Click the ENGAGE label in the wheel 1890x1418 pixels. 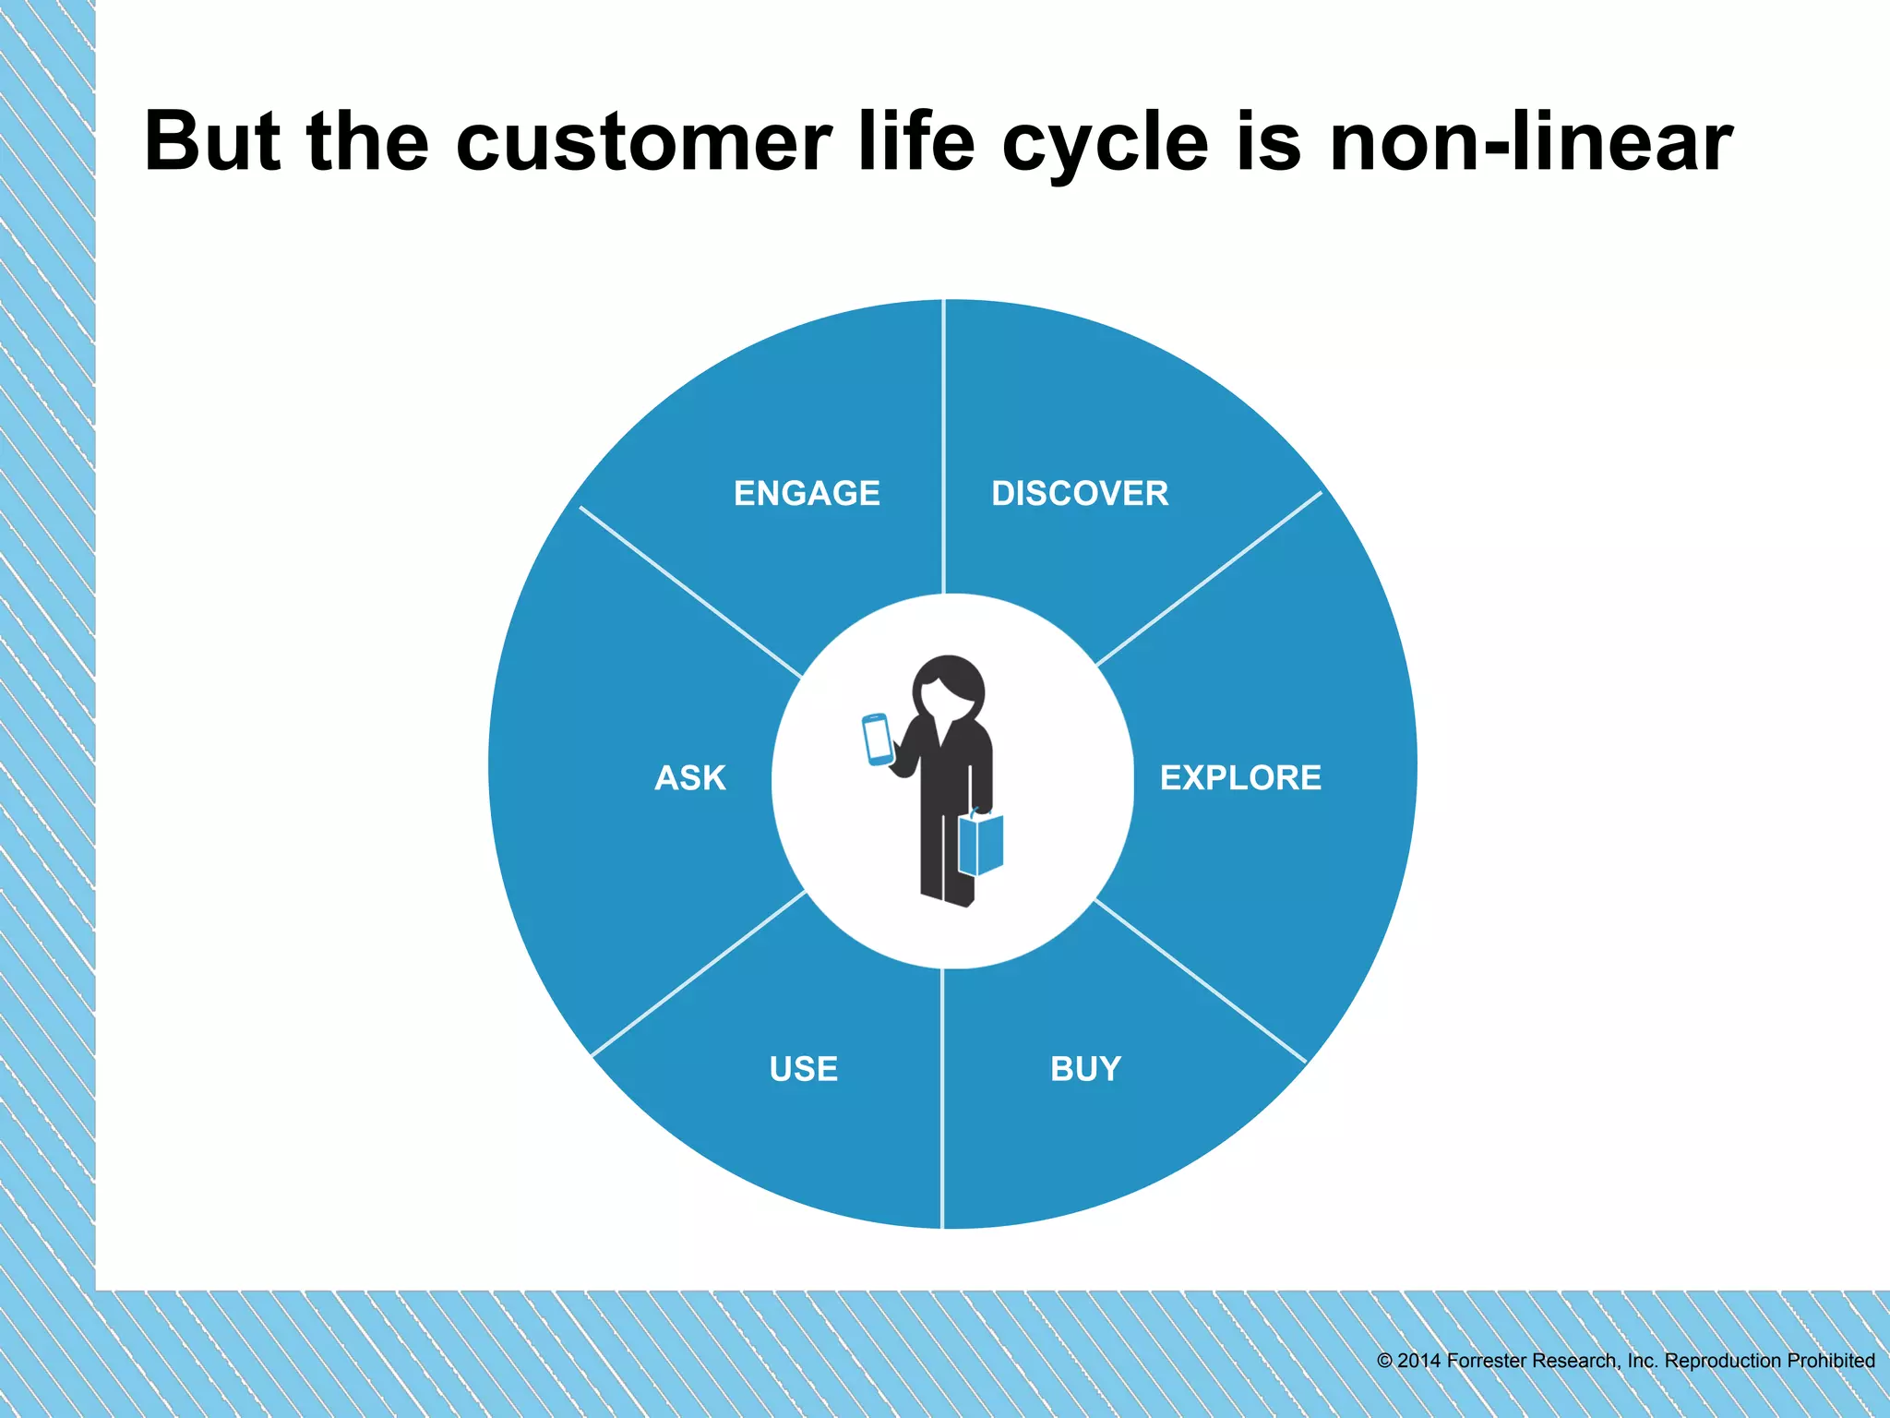(x=807, y=493)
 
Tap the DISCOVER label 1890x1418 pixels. (x=1080, y=493)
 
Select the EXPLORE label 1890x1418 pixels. (x=1240, y=777)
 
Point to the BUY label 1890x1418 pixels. (x=1085, y=1068)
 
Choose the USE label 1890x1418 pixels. (x=804, y=1068)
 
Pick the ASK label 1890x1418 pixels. (x=690, y=777)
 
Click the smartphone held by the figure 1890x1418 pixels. (x=877, y=739)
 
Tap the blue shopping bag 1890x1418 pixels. (x=981, y=843)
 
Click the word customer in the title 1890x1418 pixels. (x=643, y=143)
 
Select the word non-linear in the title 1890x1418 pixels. (x=1530, y=143)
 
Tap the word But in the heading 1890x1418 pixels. (x=211, y=143)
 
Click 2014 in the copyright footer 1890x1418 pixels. (x=1418, y=1361)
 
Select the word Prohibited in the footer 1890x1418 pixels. (x=1831, y=1361)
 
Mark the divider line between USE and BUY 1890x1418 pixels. (x=941, y=1099)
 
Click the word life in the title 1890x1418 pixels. (x=916, y=143)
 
